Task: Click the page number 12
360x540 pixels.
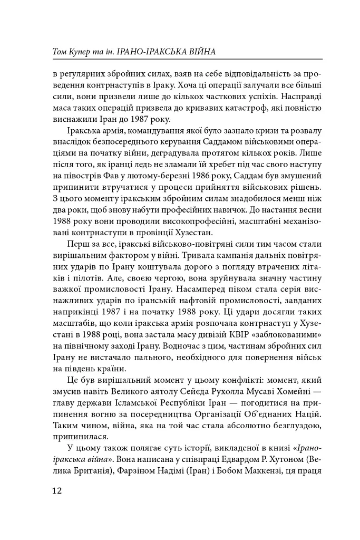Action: pyautogui.click(x=57, y=490)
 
